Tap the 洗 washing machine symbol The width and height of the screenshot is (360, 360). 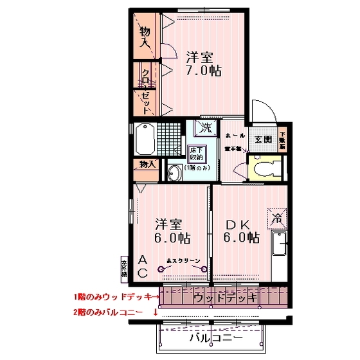coord(205,127)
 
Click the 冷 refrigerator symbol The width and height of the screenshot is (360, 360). coord(278,217)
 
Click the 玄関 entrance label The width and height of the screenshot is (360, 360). coord(264,139)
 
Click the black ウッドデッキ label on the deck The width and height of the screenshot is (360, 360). coord(225,298)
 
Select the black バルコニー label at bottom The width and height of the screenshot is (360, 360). coord(215,337)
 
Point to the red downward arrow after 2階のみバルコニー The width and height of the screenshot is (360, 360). coord(155,313)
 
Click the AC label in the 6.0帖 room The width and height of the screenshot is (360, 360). coord(144,266)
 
